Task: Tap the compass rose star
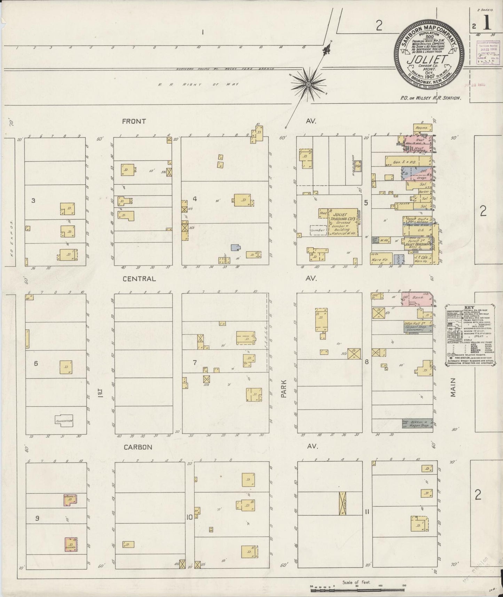308,84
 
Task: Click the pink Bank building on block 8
418,299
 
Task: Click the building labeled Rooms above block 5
422,128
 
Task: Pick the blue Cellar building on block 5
400,258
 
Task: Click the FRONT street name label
134,122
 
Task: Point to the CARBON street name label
138,447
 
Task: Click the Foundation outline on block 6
64,421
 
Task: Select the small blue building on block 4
236,248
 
